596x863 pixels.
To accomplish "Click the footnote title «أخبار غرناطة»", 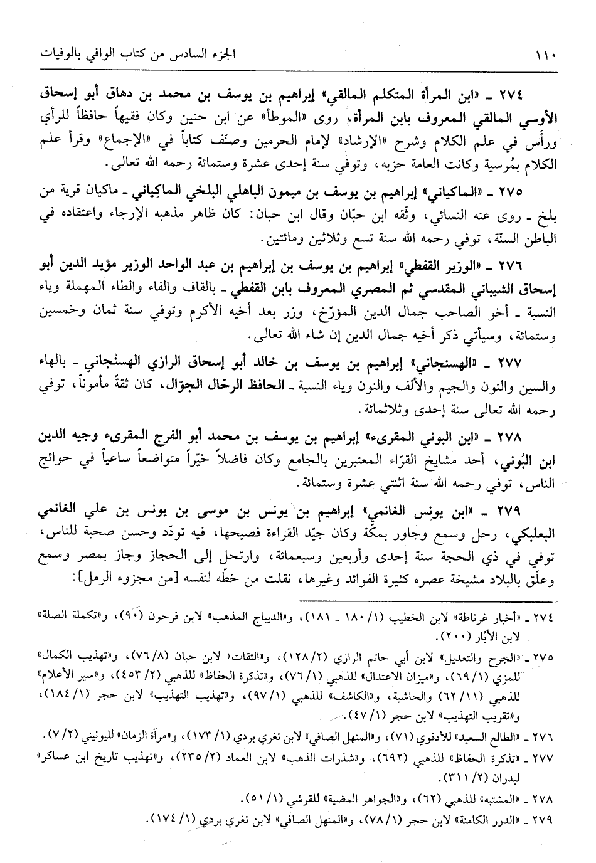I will click(496, 617).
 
